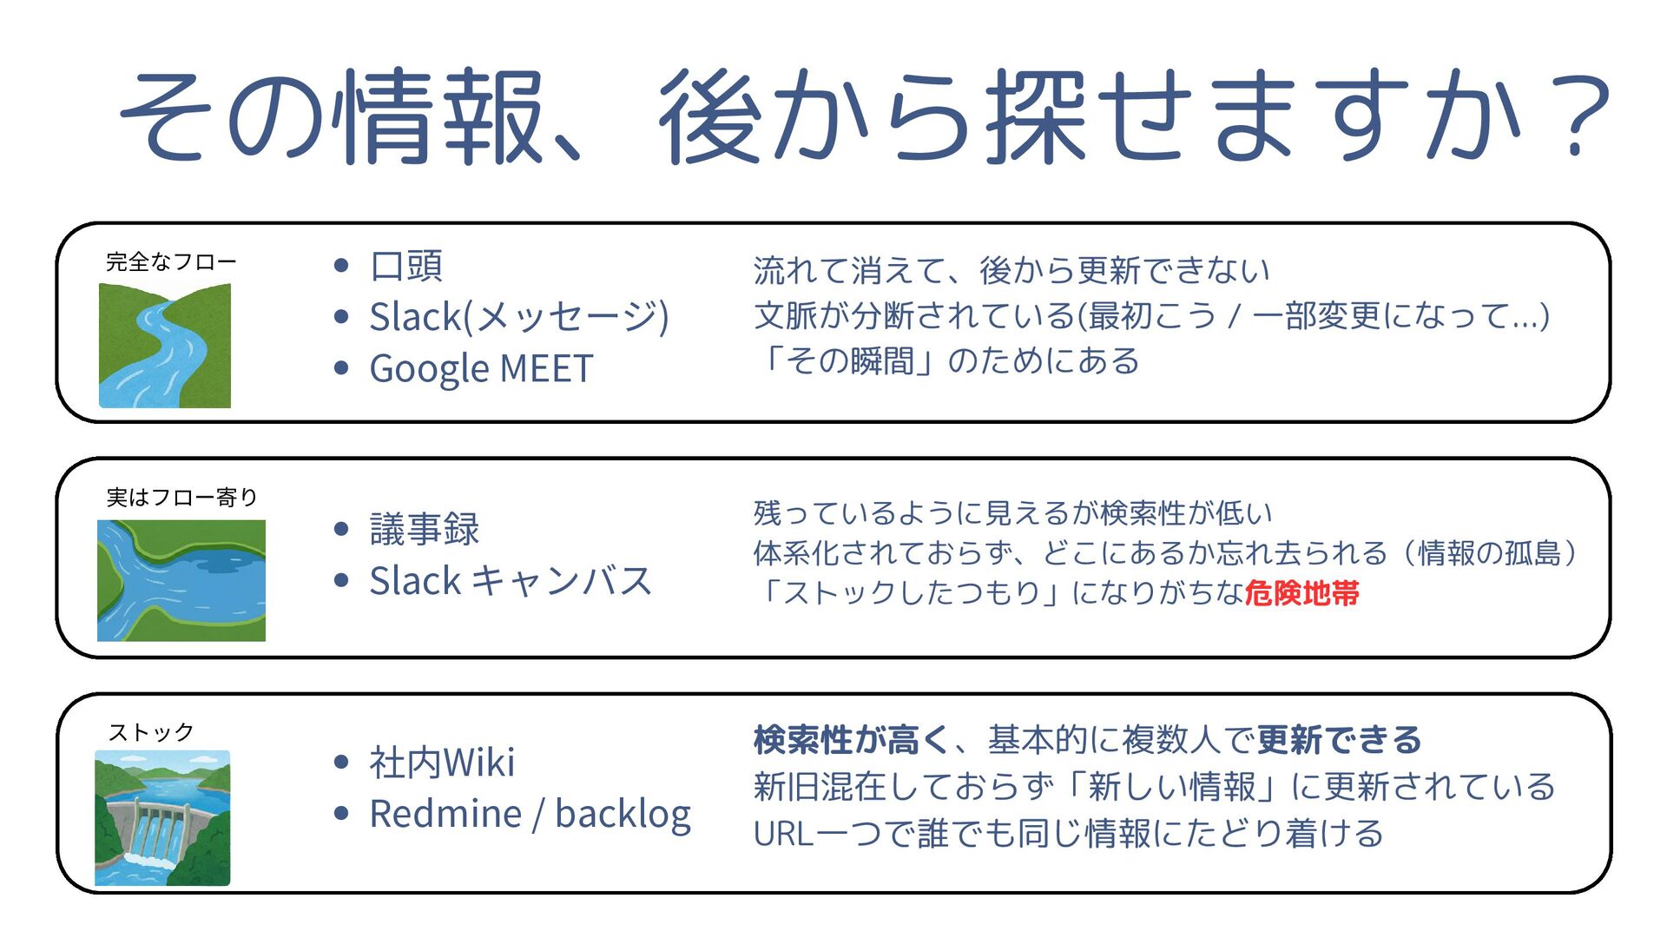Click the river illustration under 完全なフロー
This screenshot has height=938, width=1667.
click(x=165, y=346)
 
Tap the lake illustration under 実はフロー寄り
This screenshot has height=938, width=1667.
click(x=181, y=580)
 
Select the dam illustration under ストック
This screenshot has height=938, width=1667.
click(x=162, y=818)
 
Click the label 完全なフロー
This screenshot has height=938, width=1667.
click(x=171, y=262)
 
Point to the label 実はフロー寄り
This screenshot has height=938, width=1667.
click(x=182, y=498)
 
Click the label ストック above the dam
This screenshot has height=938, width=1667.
click(x=151, y=733)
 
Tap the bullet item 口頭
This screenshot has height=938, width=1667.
click(x=406, y=266)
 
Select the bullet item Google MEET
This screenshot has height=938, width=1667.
click(x=481, y=368)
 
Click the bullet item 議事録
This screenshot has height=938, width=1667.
click(x=425, y=529)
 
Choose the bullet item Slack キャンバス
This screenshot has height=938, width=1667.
click(x=511, y=581)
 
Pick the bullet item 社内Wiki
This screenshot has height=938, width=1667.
click(x=442, y=763)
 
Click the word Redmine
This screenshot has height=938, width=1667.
click(x=445, y=815)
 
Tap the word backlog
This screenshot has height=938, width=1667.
click(x=623, y=815)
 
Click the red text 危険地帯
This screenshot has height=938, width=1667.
click(x=1301, y=593)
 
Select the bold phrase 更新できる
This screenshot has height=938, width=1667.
click(x=1339, y=740)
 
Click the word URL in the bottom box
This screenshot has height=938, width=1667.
click(x=782, y=834)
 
